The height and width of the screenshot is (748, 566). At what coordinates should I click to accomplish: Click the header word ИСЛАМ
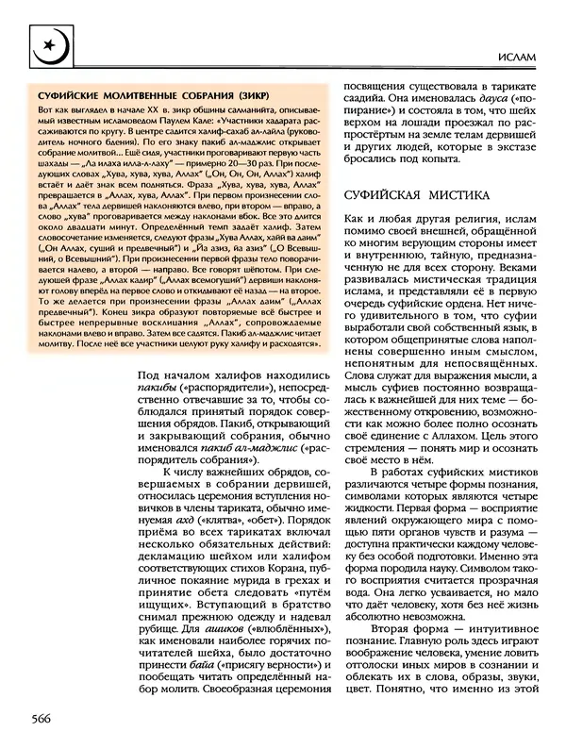click(519, 58)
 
